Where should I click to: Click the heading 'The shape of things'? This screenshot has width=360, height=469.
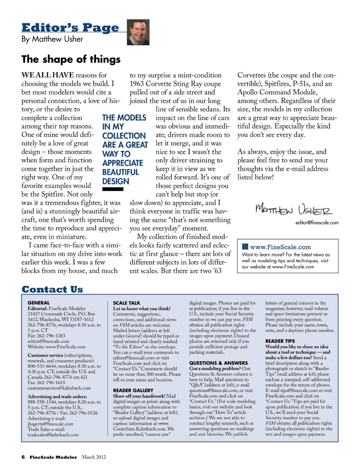[x=71, y=59]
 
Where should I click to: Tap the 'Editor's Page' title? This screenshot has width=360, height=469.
[x=70, y=28]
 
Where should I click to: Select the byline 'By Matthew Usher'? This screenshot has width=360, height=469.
[x=52, y=40]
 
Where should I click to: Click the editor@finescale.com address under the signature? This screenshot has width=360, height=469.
[x=313, y=223]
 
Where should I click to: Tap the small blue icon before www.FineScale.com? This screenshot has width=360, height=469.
[x=245, y=247]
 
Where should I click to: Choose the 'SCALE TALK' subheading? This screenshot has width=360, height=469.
[x=127, y=303]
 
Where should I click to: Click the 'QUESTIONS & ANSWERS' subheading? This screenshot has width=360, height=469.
[x=215, y=363]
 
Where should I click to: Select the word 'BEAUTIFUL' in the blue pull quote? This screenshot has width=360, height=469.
[x=121, y=172]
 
